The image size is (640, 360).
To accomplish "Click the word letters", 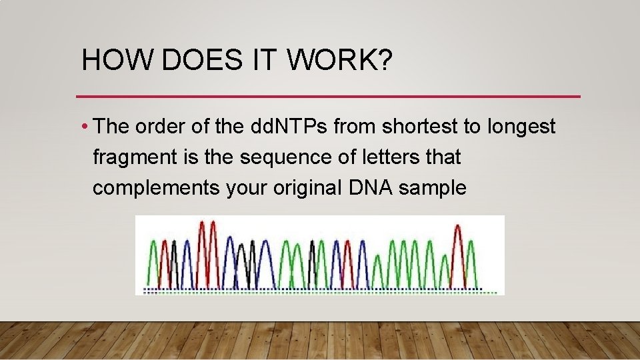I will pyautogui.click(x=375, y=157).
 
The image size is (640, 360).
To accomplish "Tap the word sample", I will pyautogui.click(x=432, y=188).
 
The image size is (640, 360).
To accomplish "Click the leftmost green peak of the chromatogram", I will pyautogui.click(x=153, y=260).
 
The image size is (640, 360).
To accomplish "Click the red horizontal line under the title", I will pyautogui.click(x=328, y=97).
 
